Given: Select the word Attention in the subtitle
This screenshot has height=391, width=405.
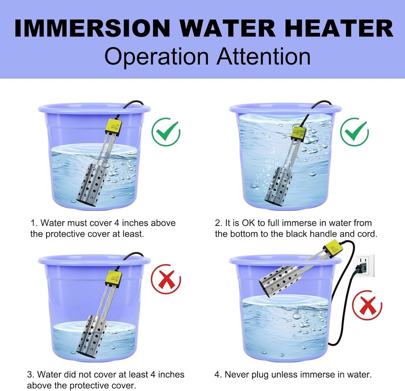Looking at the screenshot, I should [x=264, y=56].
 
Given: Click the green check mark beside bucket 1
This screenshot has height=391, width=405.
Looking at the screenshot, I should [x=166, y=132].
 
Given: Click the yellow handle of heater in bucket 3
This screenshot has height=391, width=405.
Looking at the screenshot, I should [x=115, y=277].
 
